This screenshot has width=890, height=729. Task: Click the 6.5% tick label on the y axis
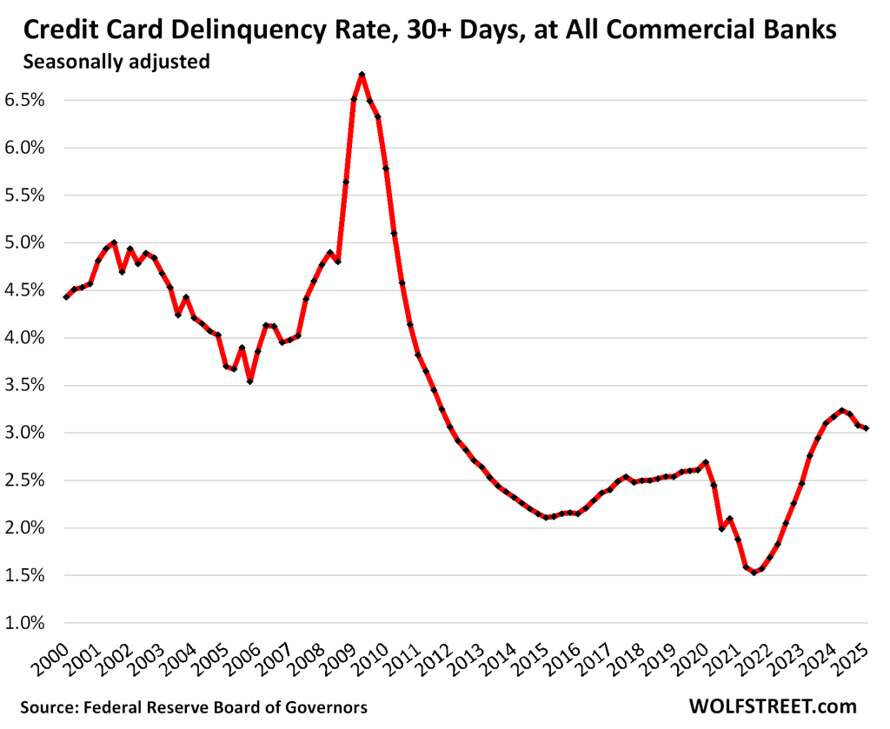[26, 100]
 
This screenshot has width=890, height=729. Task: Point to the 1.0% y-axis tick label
[26, 623]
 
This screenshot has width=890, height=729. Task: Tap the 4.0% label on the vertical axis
[26, 337]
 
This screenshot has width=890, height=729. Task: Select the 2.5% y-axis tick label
[26, 480]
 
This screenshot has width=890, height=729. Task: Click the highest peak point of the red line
[362, 75]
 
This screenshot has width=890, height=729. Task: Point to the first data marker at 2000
[66, 297]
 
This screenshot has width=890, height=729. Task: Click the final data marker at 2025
[867, 427]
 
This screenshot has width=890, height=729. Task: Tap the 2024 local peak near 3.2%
[841, 410]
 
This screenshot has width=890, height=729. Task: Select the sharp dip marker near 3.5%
[249, 381]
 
